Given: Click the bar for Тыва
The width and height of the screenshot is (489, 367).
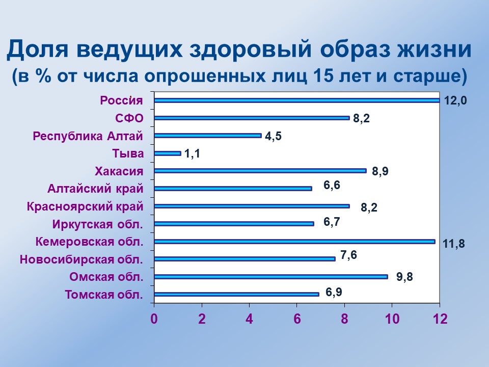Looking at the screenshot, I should click(x=167, y=153).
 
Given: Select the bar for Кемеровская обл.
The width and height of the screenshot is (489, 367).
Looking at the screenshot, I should click(x=294, y=242).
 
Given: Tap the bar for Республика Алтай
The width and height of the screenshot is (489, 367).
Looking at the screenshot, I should click(x=207, y=136).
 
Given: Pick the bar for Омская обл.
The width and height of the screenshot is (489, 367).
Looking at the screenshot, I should click(x=270, y=277).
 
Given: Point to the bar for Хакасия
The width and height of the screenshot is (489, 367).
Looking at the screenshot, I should click(x=260, y=171).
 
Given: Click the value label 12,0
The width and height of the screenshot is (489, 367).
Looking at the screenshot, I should click(x=455, y=100).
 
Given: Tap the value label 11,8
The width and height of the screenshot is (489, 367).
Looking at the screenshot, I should click(x=453, y=244).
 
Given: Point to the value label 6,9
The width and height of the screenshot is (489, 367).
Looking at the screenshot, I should click(x=334, y=292).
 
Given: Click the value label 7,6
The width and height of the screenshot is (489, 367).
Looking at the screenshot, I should click(x=348, y=255).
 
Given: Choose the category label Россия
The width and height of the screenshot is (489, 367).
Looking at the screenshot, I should click(x=121, y=100).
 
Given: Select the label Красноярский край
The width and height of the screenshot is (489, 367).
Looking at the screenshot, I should click(x=85, y=206).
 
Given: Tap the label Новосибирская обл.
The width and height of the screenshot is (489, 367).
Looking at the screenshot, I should click(x=81, y=259).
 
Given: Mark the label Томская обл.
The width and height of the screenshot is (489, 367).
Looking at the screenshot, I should click(x=104, y=295).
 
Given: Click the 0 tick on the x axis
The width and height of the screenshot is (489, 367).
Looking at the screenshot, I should click(x=154, y=319).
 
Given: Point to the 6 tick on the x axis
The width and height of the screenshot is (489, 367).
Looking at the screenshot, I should click(x=297, y=319).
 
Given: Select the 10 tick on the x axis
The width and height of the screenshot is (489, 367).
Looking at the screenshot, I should click(x=392, y=319).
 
